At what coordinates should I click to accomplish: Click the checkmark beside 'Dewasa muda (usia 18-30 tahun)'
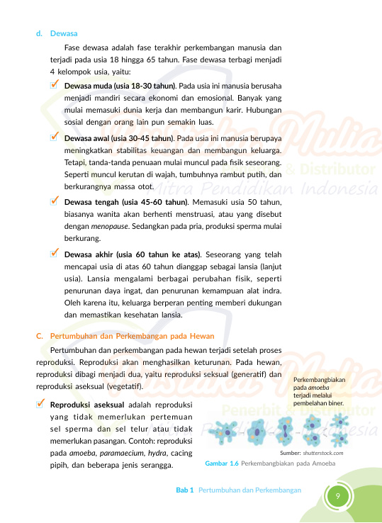[55, 84]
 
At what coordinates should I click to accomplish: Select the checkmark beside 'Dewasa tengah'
[55, 201]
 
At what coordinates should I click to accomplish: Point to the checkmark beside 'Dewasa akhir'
[55, 252]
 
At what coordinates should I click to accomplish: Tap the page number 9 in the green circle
[338, 495]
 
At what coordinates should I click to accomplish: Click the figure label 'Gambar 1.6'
[221, 463]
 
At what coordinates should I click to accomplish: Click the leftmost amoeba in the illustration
[226, 430]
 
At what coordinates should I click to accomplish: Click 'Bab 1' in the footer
[185, 490]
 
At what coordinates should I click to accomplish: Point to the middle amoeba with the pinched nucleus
[283, 430]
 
